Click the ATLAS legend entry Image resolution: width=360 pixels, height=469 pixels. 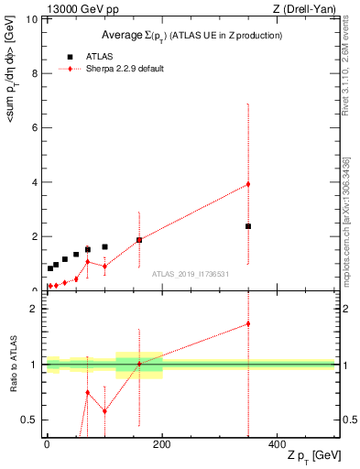coord(99,56)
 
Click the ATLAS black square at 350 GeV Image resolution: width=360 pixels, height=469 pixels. coord(248,226)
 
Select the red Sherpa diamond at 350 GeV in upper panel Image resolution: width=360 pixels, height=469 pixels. coord(248,184)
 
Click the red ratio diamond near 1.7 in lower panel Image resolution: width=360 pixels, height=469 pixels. coord(248,323)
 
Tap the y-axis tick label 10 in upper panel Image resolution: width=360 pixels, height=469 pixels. coord(32,19)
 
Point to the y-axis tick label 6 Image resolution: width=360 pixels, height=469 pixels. coord(35,127)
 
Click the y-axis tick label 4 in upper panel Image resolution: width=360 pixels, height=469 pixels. coord(35,181)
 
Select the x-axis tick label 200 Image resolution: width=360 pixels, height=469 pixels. coord(162,444)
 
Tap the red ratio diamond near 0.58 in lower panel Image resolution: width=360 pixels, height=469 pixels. coord(104,410)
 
